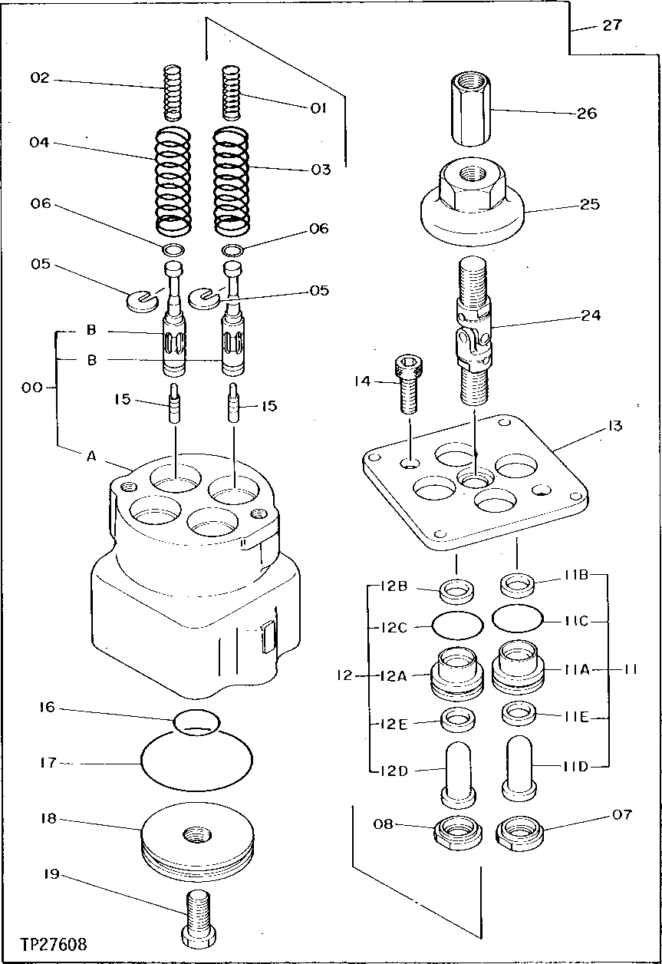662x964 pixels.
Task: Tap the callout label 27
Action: pyautogui.click(x=611, y=25)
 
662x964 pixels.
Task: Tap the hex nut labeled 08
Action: pyautogui.click(x=458, y=832)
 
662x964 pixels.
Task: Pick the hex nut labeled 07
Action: pyautogui.click(x=520, y=832)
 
